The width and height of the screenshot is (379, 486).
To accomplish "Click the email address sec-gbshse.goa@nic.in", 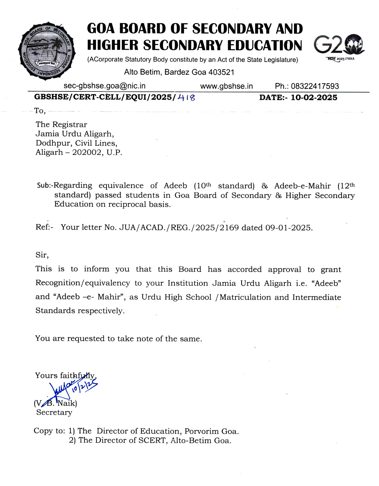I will tap(104, 86).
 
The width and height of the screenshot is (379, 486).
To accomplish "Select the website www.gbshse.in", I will tap(226, 86).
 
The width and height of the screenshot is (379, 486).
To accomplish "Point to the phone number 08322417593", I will tap(315, 86).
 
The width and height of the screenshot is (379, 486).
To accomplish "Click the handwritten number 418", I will tap(186, 97).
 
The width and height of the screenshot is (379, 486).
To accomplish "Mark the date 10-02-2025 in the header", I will tap(314, 98).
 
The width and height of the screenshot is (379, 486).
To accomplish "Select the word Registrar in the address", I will tap(70, 125).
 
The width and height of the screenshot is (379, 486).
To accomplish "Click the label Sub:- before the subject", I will tap(45, 186).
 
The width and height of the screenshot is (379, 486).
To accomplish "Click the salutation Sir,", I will tap(42, 255).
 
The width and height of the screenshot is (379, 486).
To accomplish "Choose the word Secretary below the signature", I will tap(54, 412).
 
